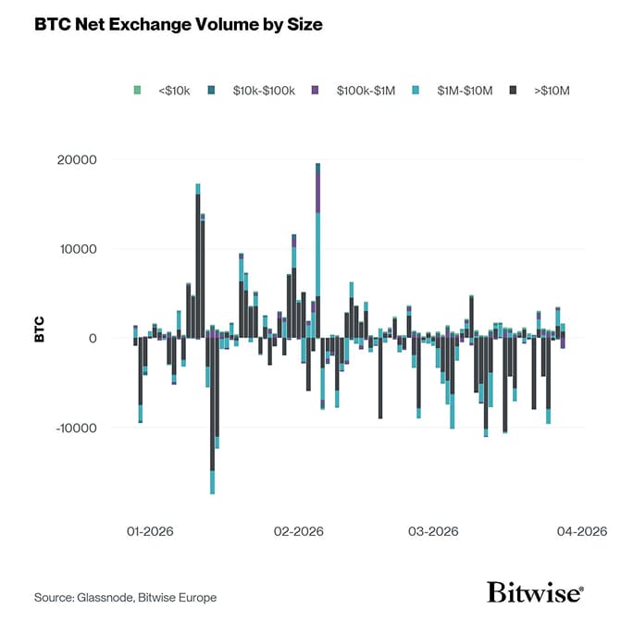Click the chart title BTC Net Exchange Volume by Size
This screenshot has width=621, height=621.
coord(179,25)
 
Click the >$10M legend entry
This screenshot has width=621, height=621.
coord(546,90)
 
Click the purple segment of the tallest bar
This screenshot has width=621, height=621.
coord(317,191)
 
